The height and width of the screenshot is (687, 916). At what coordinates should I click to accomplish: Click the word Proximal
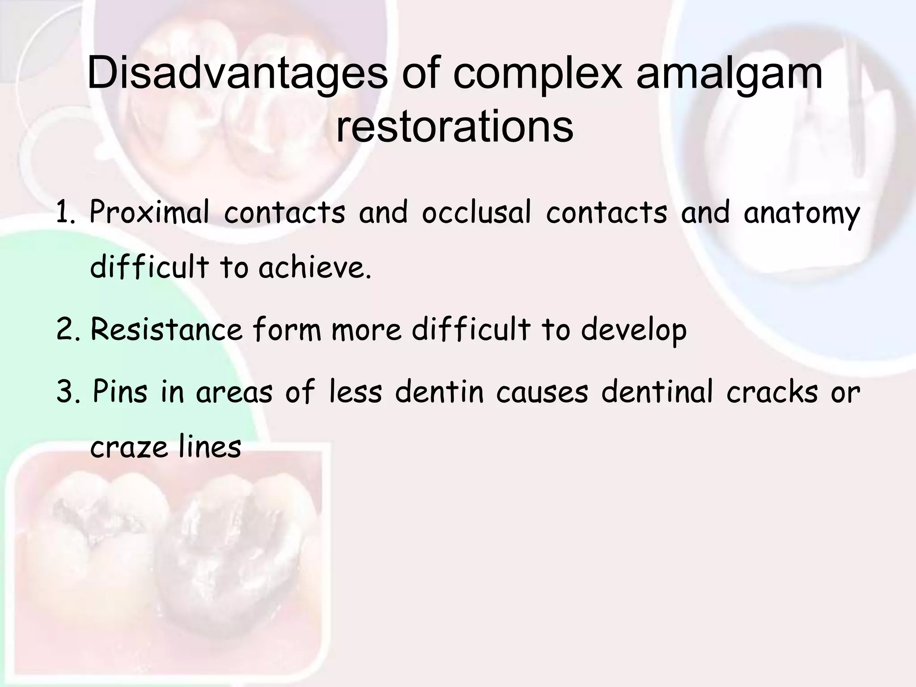[149, 213]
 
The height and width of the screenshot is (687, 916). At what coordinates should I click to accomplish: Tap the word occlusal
[476, 213]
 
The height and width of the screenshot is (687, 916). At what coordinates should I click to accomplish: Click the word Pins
[119, 392]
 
